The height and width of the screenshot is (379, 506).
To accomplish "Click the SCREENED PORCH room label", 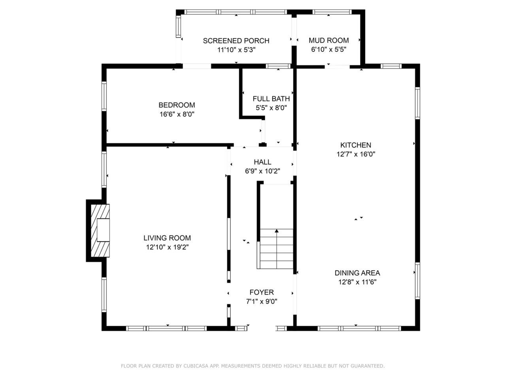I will pos(236,41).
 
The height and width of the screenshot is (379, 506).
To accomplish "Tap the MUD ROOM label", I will pos(329,40).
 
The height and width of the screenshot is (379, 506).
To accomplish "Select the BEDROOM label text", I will pos(177,105).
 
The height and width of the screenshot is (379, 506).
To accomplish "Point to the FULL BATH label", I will pos(271,99).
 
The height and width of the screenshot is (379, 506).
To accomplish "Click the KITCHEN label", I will pos(355,145).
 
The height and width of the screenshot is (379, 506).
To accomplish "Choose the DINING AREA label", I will pos(357,273).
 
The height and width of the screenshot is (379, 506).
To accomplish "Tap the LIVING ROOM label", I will pos(167,238).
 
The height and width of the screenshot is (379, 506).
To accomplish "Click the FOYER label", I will pos(261,292).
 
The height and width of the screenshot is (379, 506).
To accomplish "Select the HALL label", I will pos(262,162).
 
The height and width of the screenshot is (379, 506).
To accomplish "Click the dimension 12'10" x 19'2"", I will pos(167,248).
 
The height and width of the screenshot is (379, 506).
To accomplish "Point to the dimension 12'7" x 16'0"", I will pos(355,154).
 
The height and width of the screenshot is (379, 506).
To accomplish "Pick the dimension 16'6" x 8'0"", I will pos(177,114).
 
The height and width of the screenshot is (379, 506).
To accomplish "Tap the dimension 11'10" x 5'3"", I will pos(236,50).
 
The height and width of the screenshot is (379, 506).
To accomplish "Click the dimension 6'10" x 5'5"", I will pos(329,50).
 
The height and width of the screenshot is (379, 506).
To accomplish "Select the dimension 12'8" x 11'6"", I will pos(357,282).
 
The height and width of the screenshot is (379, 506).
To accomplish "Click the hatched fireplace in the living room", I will pos(99,230).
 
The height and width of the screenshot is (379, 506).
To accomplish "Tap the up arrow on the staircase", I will pos(277,231).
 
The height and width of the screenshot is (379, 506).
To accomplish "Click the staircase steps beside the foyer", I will pos(277,251).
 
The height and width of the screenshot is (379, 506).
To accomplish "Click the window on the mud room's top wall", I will pos(332,12).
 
